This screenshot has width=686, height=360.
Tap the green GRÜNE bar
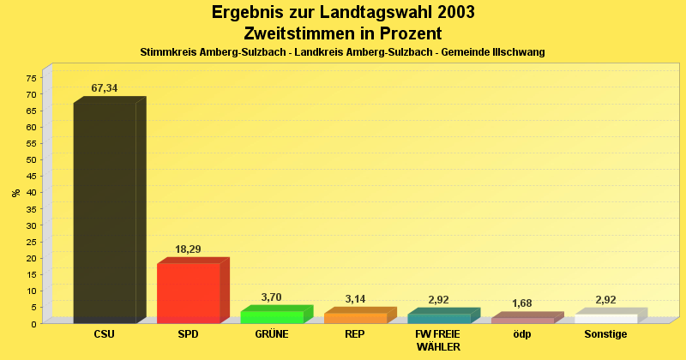point(272,317)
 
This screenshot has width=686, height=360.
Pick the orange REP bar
point(355,318)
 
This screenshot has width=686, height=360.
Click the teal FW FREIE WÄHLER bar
point(439,319)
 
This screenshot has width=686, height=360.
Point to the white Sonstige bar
point(605,319)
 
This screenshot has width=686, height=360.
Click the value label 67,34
point(105,88)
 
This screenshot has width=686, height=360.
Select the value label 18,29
point(188,249)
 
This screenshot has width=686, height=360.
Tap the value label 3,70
point(271,297)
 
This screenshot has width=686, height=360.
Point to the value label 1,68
point(523,303)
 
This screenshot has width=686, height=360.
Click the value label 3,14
point(355,299)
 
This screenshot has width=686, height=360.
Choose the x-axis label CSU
point(105,334)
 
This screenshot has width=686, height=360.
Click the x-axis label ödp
point(522,334)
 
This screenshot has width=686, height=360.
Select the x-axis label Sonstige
point(605,334)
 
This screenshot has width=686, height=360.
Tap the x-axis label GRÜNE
point(272,334)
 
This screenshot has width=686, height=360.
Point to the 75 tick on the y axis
point(31,78)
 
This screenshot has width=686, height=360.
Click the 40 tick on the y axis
point(31,193)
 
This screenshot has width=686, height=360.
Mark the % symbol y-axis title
point(16,193)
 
